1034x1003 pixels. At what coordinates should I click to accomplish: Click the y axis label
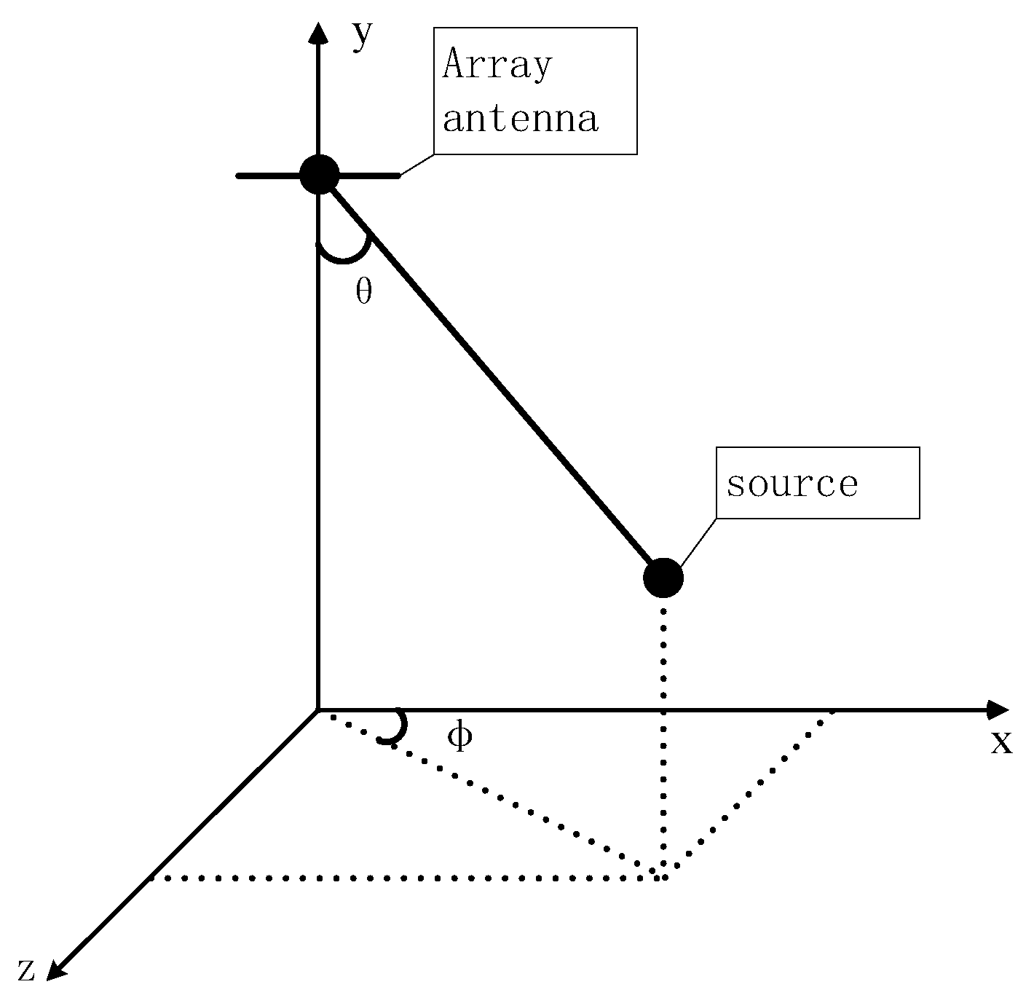(361, 35)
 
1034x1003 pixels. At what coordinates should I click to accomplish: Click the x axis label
(1001, 742)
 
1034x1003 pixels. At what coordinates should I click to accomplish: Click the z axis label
(26, 969)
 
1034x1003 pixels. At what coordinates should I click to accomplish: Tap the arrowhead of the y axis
(317, 34)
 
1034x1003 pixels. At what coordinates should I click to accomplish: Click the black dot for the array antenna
(319, 175)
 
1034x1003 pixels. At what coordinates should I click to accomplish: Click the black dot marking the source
(663, 578)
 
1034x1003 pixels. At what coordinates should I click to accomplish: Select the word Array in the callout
(498, 65)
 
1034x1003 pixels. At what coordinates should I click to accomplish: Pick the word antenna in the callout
(520, 119)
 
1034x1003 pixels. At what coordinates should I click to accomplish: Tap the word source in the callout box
(792, 484)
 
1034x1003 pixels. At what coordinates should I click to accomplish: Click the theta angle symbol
(364, 291)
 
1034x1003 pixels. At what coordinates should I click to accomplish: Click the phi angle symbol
(459, 736)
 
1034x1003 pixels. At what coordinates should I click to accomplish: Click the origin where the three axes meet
(318, 709)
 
